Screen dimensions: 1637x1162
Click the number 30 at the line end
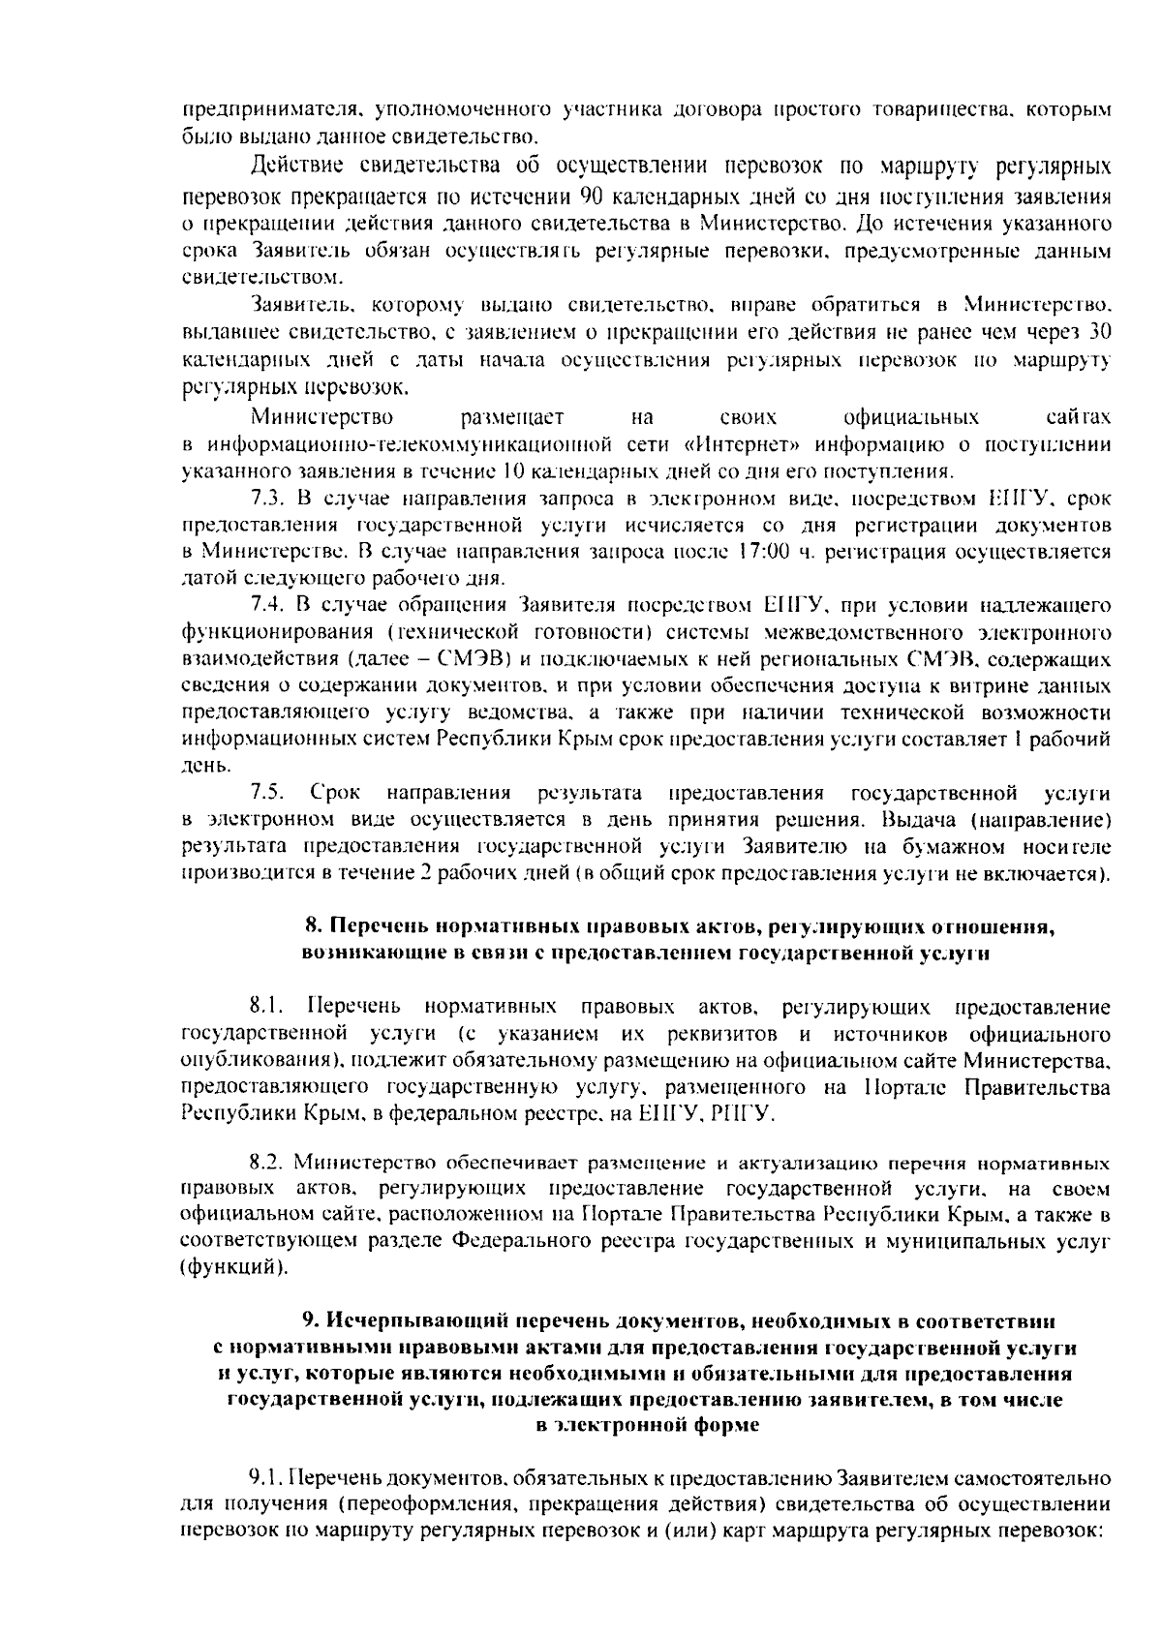pyautogui.click(x=1099, y=333)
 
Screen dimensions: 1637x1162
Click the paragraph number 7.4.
pyautogui.click(x=266, y=606)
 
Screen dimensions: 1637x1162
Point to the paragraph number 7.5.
pyautogui.click(x=266, y=793)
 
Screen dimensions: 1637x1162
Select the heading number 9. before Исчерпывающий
pyautogui.click(x=311, y=1320)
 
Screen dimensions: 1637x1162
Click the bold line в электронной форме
pyautogui.click(x=647, y=1425)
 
